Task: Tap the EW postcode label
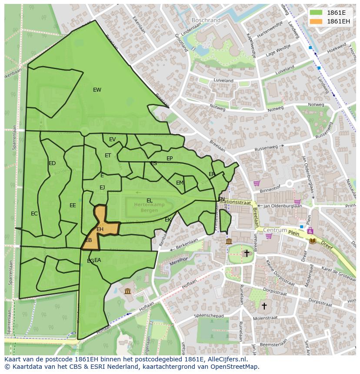[x=97, y=90]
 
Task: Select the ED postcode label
[x=52, y=163]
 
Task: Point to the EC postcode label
[x=34, y=214]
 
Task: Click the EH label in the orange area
[x=100, y=229]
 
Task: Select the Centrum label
[x=275, y=230]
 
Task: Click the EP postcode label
[x=170, y=159]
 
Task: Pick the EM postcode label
[x=180, y=183]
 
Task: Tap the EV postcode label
[x=112, y=139]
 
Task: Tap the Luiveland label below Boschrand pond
[x=223, y=81]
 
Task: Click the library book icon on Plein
[x=313, y=240]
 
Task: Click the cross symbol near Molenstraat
[x=264, y=306]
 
